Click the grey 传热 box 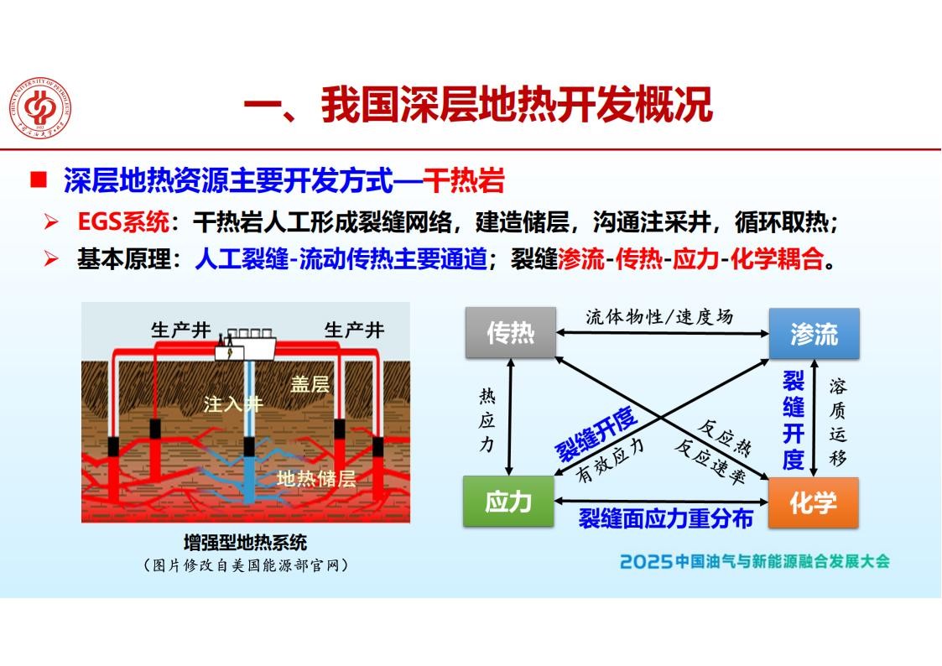tap(511, 333)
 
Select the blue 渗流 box tap(814, 333)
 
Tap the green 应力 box tap(508, 502)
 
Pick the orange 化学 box tap(814, 502)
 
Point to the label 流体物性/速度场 tap(659, 316)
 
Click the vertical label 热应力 tap(487, 419)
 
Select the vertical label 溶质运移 tap(837, 422)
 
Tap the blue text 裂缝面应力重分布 tap(666, 518)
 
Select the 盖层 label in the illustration tap(310, 383)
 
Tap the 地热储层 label tap(316, 479)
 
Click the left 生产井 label tap(181, 330)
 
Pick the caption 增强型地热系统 tap(245, 543)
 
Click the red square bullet tap(39, 180)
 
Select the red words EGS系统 tap(123, 222)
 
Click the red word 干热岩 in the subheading tap(463, 181)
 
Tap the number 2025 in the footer tap(646, 561)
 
